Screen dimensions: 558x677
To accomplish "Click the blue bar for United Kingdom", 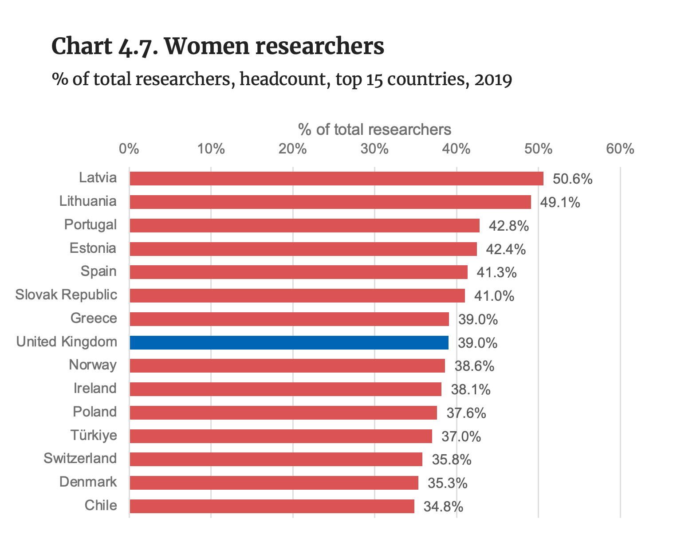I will click(289, 342).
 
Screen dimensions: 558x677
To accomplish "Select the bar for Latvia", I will click(336, 178).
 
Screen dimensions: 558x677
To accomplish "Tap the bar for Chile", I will click(272, 506).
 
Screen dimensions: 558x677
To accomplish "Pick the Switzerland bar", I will click(276, 459).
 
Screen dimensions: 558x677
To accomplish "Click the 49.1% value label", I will click(560, 203).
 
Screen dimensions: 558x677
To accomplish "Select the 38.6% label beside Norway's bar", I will click(474, 366).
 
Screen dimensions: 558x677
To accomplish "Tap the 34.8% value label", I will click(443, 507).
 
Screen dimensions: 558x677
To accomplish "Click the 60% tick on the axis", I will click(620, 149).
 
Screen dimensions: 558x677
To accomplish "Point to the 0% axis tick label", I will click(129, 149).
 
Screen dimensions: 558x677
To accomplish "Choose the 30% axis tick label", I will click(374, 149).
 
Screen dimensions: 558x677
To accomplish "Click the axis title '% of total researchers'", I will click(374, 130).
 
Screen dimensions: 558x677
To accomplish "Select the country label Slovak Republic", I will click(67, 295).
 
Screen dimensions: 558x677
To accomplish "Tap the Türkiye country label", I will click(94, 435).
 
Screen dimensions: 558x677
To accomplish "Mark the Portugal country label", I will click(91, 224).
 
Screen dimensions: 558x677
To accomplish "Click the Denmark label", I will click(88, 482).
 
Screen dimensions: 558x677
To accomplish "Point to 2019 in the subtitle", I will click(493, 80).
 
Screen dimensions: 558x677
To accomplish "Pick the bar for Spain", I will click(298, 272).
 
